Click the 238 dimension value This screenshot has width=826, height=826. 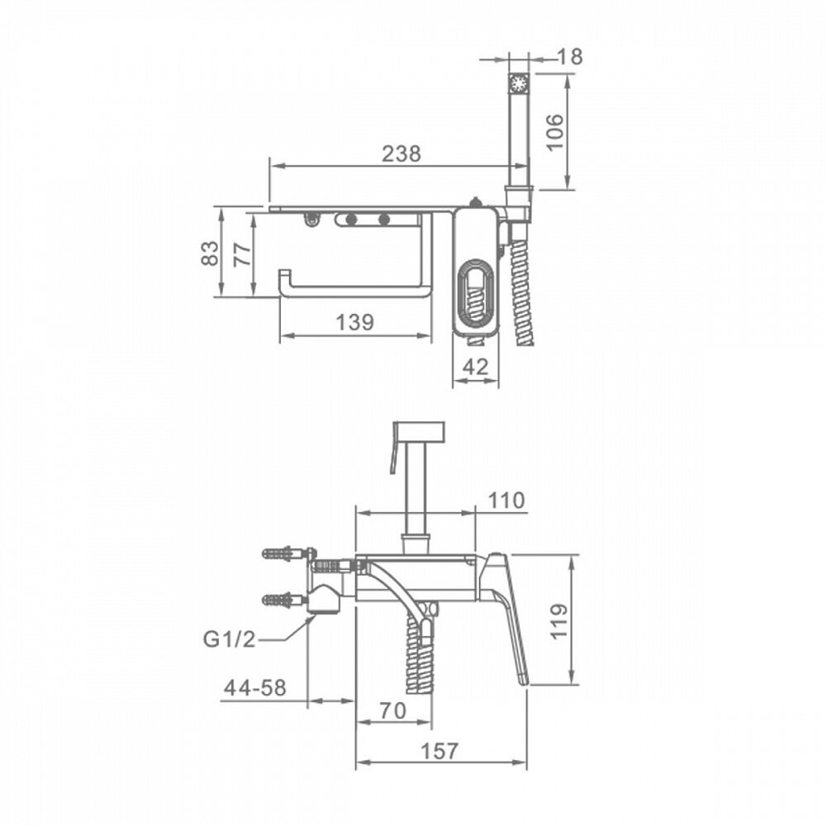coord(401,154)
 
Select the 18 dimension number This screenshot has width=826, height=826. coord(569,56)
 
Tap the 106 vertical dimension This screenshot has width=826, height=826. coord(555,131)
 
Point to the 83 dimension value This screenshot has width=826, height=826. coord(210,253)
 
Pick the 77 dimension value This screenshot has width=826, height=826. coord(242,254)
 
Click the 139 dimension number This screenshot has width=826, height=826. coord(354,322)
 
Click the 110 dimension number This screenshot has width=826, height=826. coord(506,500)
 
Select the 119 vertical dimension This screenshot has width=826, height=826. coord(559,621)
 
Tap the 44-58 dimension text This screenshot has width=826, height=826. coord(255,687)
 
